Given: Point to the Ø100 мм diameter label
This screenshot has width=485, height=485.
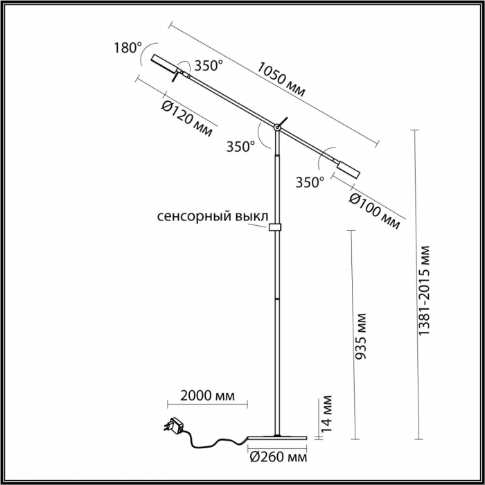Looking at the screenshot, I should (374, 209).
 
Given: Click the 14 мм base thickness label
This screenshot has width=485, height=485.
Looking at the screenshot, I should (328, 412).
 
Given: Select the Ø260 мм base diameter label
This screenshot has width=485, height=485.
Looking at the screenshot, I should (277, 458).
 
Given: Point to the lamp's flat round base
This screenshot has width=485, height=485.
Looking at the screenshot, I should (277, 436).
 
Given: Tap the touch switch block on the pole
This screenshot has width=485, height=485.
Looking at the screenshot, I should (276, 227).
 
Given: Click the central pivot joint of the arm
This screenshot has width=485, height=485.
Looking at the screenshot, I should (277, 127).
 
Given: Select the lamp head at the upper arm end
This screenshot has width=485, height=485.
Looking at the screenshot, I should (164, 62).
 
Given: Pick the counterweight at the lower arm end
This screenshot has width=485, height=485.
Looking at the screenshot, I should (347, 168).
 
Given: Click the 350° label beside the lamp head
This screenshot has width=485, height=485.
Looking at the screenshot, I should (208, 67).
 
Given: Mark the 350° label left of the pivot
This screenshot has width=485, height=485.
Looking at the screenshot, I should (240, 146).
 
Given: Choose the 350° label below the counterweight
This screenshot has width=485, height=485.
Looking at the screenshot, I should (310, 183).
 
